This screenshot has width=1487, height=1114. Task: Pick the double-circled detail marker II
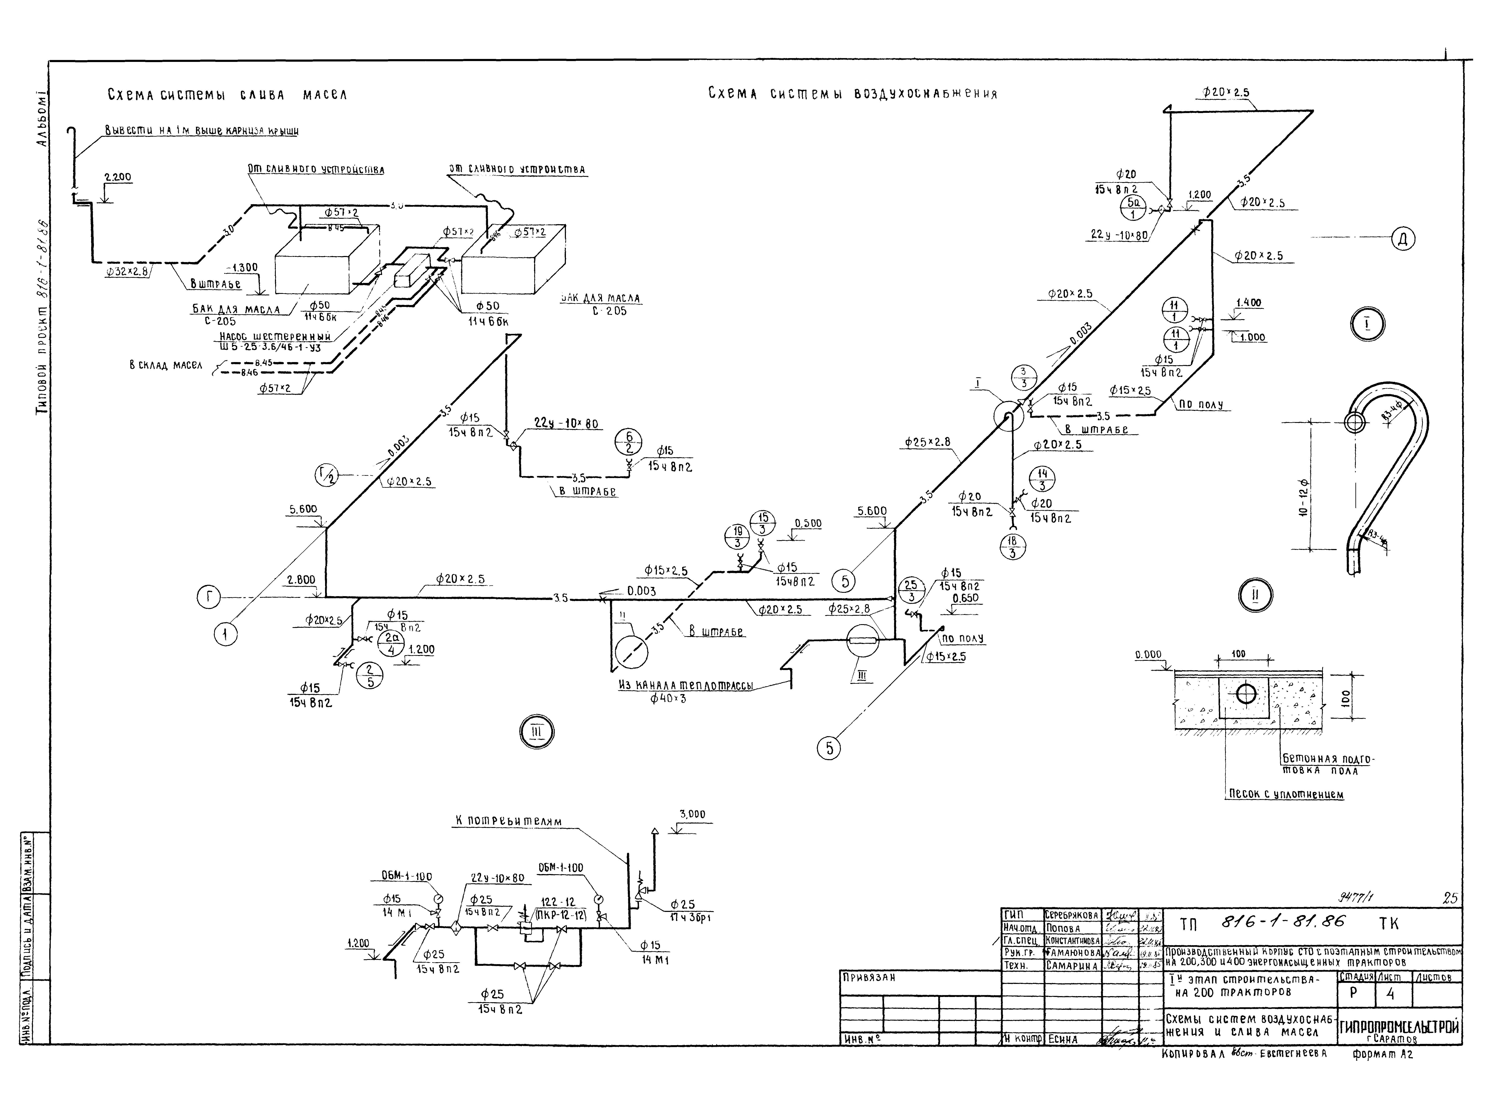point(1254,594)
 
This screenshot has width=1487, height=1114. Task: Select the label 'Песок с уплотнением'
point(1285,794)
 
